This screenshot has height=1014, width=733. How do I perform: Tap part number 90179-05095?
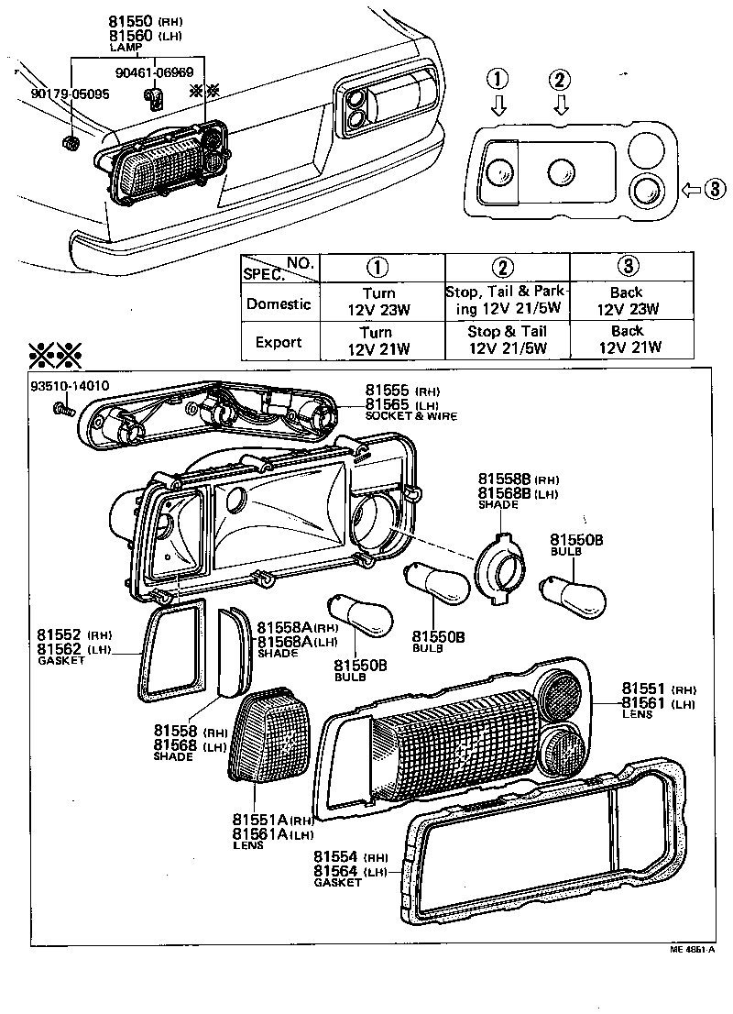[70, 94]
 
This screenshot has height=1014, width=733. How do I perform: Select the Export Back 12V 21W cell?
[627, 339]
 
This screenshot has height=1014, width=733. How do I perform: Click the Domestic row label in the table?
[279, 303]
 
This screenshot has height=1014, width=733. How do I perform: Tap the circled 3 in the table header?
[627, 267]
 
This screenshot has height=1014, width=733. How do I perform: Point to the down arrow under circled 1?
[498, 107]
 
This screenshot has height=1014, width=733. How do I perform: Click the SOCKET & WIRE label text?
[410, 416]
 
